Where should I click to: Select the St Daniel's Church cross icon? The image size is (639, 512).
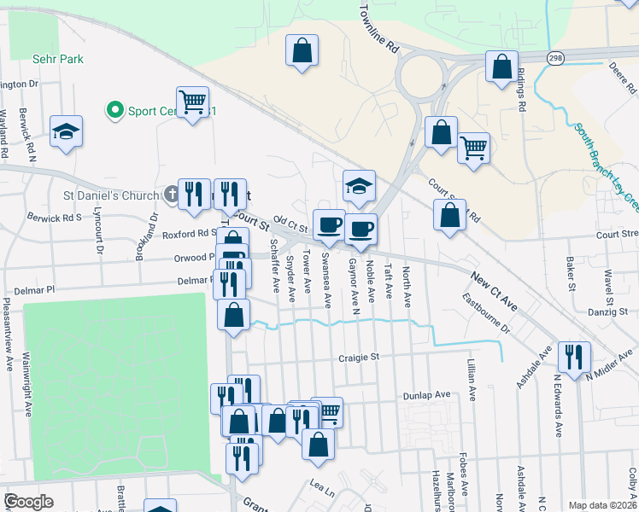pyautogui.click(x=171, y=195)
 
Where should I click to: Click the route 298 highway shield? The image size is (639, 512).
pyautogui.click(x=556, y=57)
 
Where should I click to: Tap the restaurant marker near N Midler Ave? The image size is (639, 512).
pyautogui.click(x=573, y=356)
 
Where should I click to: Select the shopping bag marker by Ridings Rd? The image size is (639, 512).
pyautogui.click(x=501, y=66)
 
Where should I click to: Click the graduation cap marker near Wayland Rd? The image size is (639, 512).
pyautogui.click(x=66, y=131)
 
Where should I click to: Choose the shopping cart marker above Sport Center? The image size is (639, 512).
pyautogui.click(x=193, y=102)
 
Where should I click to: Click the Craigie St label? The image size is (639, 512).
pyautogui.click(x=358, y=358)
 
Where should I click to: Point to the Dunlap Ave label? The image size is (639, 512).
pyautogui.click(x=426, y=395)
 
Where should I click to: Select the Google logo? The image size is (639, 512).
pyautogui.click(x=28, y=501)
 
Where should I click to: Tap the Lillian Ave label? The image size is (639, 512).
pyautogui.click(x=471, y=381)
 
